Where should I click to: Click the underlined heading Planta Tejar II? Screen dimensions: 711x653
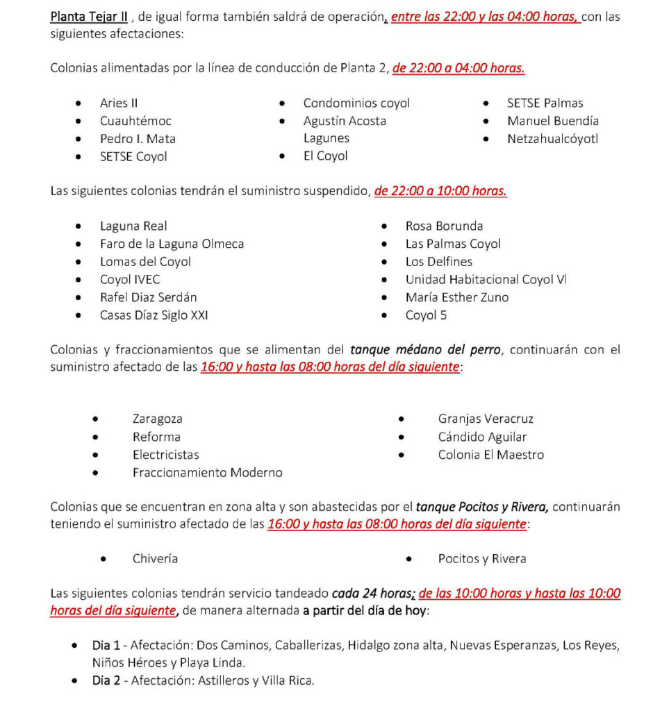pos(89,17)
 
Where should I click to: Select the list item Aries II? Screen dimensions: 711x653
pos(119,103)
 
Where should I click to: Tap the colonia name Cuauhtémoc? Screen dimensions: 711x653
pos(135,121)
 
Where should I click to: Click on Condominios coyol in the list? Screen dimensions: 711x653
pos(356,103)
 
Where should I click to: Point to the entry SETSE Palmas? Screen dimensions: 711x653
pos(545,103)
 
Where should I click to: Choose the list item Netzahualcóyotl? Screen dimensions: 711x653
pos(552,138)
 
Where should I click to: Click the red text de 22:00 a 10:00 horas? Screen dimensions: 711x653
pos(440,191)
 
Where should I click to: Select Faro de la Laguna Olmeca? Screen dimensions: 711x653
pos(172,244)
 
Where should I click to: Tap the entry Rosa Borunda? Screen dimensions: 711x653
pos(444,226)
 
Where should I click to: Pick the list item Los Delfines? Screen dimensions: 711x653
pos(438,262)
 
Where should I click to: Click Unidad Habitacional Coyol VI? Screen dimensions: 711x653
pos(486,279)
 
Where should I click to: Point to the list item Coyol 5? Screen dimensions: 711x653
pos(426,315)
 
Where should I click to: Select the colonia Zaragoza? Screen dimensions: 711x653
pos(158,419)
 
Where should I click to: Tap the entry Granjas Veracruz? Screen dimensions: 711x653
pos(486,419)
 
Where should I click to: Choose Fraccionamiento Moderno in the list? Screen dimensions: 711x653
pos(207,472)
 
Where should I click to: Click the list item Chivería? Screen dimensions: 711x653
pos(155,558)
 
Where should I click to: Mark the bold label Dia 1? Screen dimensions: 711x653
pos(106,645)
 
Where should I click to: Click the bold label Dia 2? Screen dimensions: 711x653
pos(106,680)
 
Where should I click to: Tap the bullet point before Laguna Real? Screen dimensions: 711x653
pos(79,226)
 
